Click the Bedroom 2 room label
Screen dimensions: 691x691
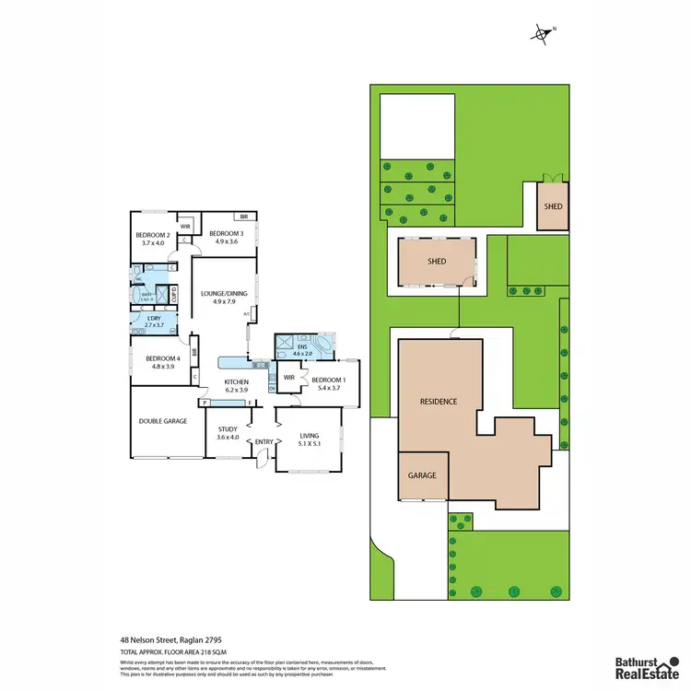[149, 236]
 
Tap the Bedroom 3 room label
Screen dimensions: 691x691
[226, 234]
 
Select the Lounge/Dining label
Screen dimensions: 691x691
[218, 293]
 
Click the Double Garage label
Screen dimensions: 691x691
[163, 421]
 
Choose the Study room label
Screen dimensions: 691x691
[228, 429]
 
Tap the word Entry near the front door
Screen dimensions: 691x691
[264, 442]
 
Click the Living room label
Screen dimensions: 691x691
[314, 437]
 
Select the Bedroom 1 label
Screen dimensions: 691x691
[329, 381]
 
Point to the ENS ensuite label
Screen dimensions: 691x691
[301, 348]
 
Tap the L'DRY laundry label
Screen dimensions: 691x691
[155, 319]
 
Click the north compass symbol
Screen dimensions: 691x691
[542, 35]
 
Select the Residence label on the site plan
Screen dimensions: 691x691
[439, 402]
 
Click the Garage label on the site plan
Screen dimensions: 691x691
[422, 475]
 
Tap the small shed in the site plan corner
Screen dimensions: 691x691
[552, 206]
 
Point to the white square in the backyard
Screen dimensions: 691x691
[417, 124]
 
